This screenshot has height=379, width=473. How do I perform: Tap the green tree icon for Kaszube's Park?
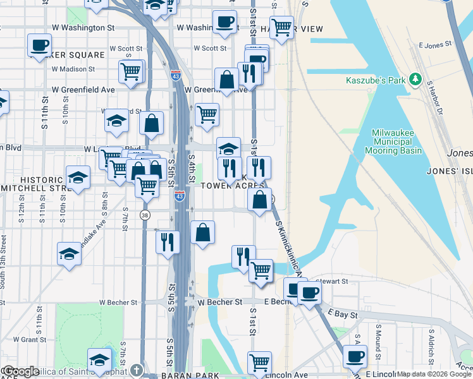pos(415,80)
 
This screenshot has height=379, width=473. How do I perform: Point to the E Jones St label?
pos(436,45)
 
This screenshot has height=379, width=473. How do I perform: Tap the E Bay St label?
pos(343,314)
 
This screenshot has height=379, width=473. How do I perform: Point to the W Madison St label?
pos(73,69)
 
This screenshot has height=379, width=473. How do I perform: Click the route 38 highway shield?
pos(145,215)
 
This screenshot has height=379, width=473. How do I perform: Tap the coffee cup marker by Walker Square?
pos(39,45)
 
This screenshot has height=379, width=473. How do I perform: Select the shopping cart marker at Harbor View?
pos(281,27)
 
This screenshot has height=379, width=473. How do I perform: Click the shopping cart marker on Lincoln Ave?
pos(259,363)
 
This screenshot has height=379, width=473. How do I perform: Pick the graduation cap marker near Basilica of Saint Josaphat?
pos(99,360)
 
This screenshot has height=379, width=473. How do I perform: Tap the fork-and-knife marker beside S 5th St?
pos(168,242)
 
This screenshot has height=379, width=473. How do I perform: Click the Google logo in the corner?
pos(20,371)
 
